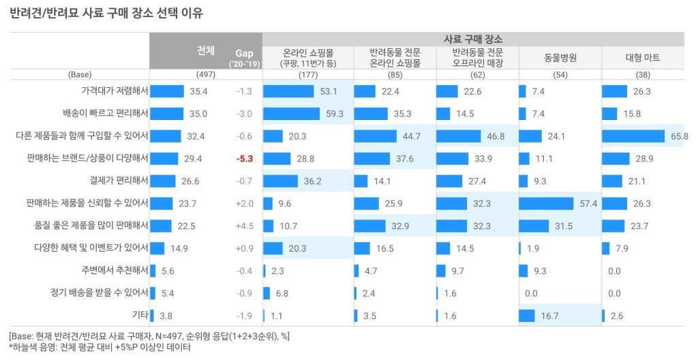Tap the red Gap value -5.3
pyautogui.click(x=245, y=158)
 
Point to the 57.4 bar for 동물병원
pyautogui.click(x=549, y=203)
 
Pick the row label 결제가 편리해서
pyautogui.click(x=115, y=181)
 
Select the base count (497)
pyautogui.click(x=206, y=74)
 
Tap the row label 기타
pyautogui.click(x=139, y=315)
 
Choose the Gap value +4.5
pyautogui.click(x=245, y=226)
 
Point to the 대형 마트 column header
pyautogui.click(x=643, y=57)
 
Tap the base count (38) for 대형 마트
pyautogui.click(x=643, y=74)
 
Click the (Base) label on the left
pyautogui.click(x=80, y=74)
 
